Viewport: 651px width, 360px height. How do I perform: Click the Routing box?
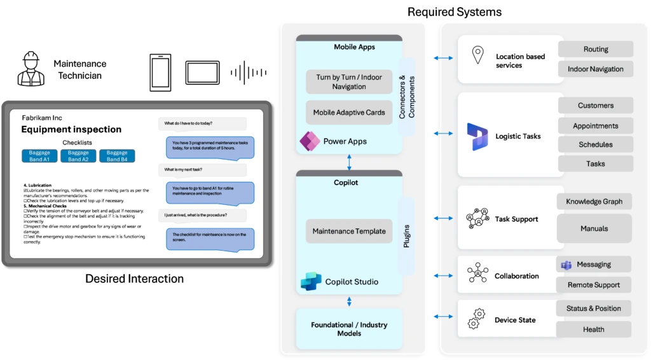(595, 50)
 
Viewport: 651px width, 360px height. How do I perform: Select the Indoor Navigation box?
(595, 69)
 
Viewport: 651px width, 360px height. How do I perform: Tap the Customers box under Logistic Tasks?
(595, 106)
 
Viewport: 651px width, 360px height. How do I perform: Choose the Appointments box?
(595, 126)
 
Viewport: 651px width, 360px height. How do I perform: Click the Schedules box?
(595, 145)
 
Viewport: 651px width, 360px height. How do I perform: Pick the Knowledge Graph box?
(594, 202)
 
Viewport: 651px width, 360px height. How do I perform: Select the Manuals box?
(594, 228)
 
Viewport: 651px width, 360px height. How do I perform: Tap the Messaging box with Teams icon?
(594, 265)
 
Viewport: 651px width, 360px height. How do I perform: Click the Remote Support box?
(594, 285)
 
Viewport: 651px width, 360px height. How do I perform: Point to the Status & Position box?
(594, 308)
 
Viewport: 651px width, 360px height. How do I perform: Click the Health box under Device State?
(594, 329)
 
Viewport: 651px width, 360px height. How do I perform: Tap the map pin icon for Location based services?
(477, 55)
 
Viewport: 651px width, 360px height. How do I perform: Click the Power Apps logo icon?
(310, 141)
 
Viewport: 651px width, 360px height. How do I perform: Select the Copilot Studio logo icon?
(311, 281)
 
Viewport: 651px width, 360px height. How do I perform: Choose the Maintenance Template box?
(349, 232)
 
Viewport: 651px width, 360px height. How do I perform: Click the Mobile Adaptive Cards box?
(349, 113)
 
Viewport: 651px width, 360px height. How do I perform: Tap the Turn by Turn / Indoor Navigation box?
(349, 82)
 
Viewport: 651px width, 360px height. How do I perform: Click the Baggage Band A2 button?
(78, 156)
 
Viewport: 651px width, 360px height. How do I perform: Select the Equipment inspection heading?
(71, 130)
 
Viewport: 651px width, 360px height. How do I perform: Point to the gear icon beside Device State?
(477, 318)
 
